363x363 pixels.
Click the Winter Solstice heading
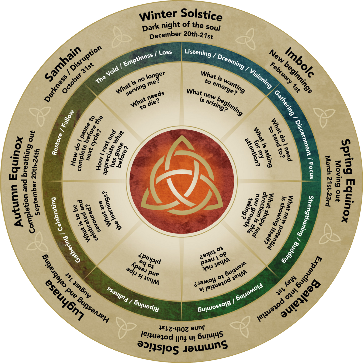point(180,15)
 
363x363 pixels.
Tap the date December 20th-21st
point(181,35)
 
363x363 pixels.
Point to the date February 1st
point(285,77)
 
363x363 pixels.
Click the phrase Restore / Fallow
point(63,132)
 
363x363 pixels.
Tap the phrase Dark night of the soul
point(181,26)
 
